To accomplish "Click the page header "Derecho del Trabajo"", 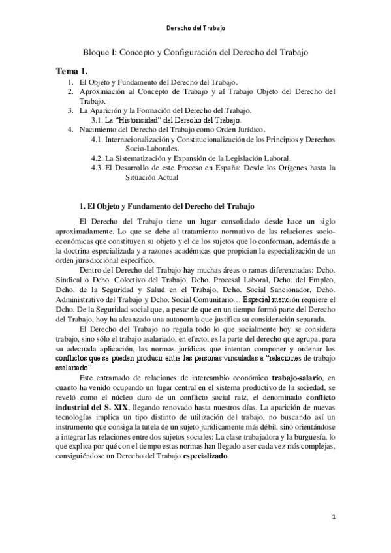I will tap(195, 29).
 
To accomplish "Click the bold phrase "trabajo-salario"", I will tap(297, 378).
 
